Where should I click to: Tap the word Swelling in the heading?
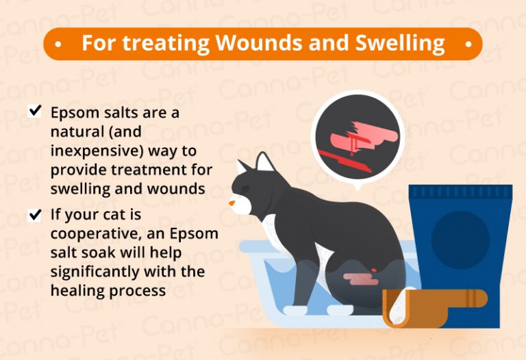point(400,43)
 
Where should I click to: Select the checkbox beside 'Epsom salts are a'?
point(35,112)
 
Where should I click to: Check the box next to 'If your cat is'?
point(35,216)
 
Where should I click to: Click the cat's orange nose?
point(234,203)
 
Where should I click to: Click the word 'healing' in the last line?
point(74,290)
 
